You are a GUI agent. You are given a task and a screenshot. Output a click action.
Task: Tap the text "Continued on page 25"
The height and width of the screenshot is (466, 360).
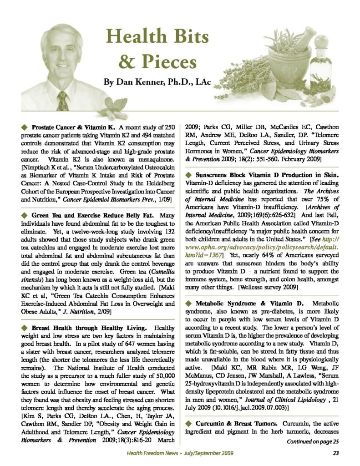coord(313,441)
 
